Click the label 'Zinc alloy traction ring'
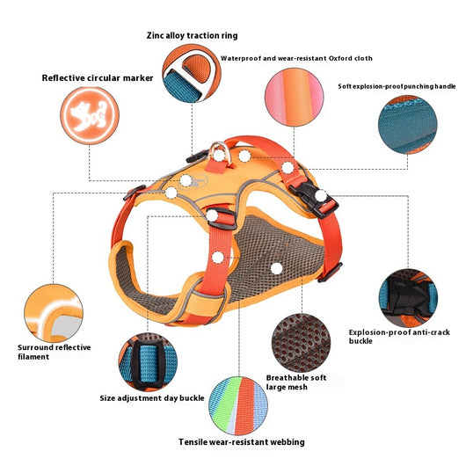click(x=192, y=36)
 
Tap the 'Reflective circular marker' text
click(x=98, y=78)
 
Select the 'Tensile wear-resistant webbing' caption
click(x=242, y=442)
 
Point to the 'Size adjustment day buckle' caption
click(x=152, y=398)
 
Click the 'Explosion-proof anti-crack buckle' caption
click(x=399, y=337)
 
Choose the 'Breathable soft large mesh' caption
click(x=296, y=382)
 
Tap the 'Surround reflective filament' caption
click(x=55, y=352)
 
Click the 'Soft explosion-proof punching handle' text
click(x=397, y=86)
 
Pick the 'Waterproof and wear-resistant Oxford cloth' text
click(x=296, y=58)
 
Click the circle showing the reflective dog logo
click(x=90, y=115)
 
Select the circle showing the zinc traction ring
click(x=192, y=73)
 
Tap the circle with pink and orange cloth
click(x=294, y=98)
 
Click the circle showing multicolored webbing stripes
click(x=238, y=406)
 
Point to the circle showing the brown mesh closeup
click(x=301, y=343)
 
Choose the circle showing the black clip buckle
click(x=408, y=298)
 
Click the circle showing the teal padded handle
click(x=407, y=125)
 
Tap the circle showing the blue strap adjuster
click(x=148, y=362)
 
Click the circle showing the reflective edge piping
click(x=54, y=313)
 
